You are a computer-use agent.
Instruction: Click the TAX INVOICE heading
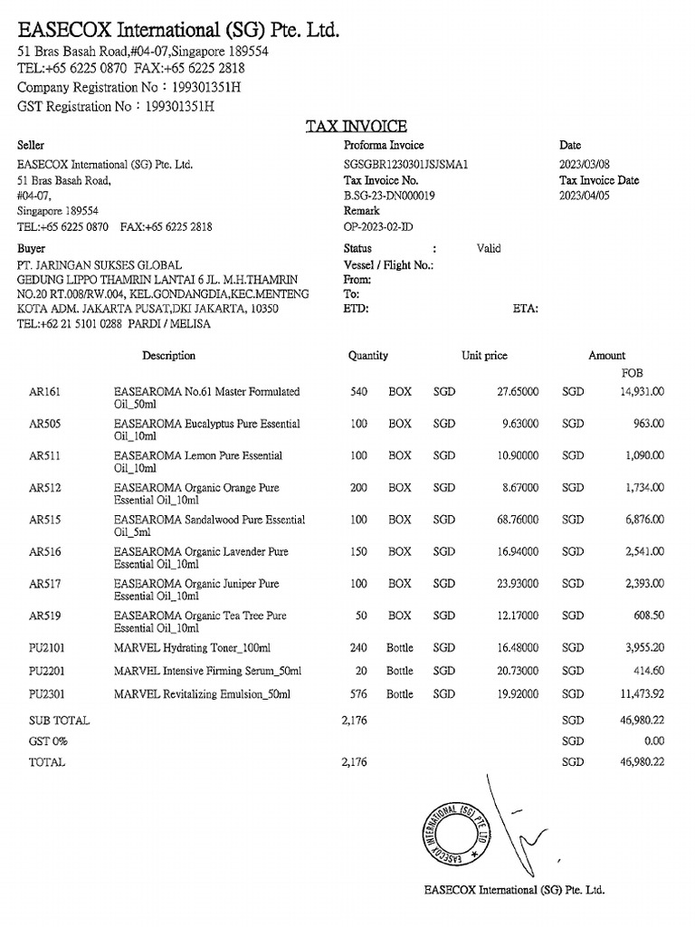point(356,127)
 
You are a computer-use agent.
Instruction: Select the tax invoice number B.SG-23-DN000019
point(389,195)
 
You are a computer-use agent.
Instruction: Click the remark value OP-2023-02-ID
point(377,226)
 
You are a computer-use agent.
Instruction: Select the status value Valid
point(489,248)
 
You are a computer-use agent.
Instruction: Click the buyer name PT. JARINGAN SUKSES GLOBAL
point(100,265)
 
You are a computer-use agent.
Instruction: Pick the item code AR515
point(45,520)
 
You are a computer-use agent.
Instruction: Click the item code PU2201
point(49,671)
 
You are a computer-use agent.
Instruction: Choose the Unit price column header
point(484,356)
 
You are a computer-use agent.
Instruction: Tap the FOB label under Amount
point(632,372)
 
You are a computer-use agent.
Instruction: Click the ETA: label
point(526,308)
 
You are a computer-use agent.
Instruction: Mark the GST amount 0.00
point(653,741)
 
